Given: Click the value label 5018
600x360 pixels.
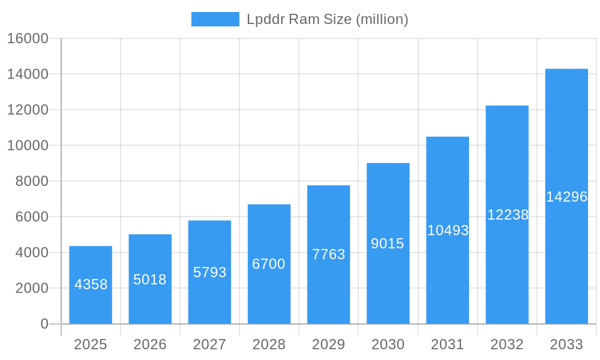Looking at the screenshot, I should [150, 280].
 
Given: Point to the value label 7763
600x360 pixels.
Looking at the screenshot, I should [328, 254].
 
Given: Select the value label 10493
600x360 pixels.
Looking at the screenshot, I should [448, 230].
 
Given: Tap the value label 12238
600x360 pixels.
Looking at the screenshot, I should [508, 215].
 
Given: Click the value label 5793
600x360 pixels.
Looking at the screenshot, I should [209, 272].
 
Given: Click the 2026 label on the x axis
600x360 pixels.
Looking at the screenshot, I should [150, 344].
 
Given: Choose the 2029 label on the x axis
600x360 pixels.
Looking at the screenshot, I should [328, 344].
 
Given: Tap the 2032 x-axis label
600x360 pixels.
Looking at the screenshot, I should [507, 344].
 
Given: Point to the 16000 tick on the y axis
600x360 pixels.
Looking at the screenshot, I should [28, 38].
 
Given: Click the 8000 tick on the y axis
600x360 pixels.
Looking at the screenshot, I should [31, 181].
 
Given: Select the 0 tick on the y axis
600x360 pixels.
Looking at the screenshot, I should [44, 324].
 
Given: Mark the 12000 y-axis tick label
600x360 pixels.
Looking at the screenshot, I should [28, 110].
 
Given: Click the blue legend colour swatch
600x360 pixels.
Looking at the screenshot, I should [215, 19].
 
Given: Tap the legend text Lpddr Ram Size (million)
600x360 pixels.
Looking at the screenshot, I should [328, 19].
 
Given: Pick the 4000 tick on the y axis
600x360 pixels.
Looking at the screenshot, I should [31, 253].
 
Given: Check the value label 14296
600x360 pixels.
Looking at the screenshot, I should [566, 197].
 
